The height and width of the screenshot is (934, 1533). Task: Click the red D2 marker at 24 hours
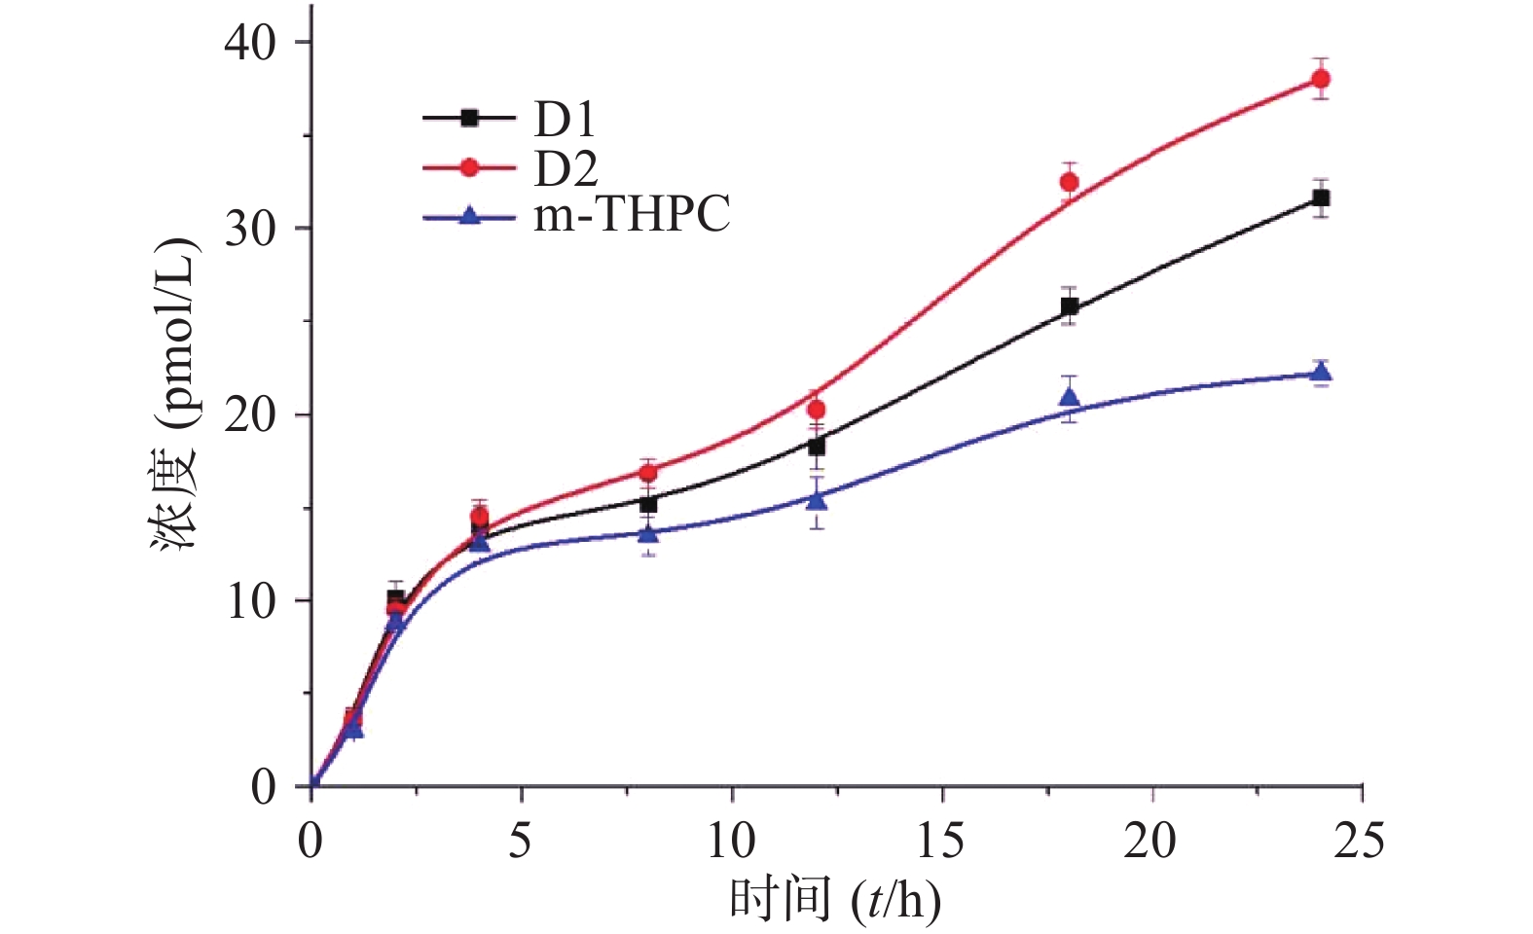[1321, 79]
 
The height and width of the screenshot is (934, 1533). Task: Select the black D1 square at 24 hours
[1321, 198]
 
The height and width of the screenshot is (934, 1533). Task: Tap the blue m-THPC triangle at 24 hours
[1321, 372]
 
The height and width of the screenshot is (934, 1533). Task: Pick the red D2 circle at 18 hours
[1069, 182]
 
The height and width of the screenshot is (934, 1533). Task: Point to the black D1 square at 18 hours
[1069, 307]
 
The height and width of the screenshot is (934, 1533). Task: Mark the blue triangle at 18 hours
[1069, 397]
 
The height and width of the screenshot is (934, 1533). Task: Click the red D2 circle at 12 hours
[816, 410]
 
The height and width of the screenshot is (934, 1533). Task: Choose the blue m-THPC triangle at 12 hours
[816, 499]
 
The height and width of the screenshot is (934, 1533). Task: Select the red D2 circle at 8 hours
[648, 473]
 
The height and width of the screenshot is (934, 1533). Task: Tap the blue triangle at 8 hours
[648, 532]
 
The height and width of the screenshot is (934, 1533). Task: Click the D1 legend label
[564, 120]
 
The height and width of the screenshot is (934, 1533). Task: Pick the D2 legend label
[565, 168]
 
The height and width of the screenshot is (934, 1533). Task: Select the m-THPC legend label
[632, 215]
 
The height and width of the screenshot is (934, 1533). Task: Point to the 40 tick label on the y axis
[250, 43]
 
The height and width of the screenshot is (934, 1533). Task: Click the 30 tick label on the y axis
[250, 229]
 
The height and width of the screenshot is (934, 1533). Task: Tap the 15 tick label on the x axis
[941, 840]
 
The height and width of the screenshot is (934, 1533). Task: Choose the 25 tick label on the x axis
[1360, 840]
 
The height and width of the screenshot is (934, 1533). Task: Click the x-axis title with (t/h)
[835, 899]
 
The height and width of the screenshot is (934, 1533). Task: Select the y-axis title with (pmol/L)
[175, 394]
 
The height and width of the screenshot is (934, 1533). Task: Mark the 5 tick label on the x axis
[521, 840]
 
